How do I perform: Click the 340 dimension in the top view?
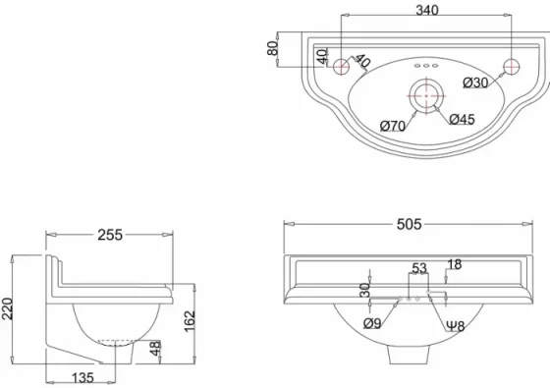(x=425, y=11)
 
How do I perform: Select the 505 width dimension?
(x=410, y=224)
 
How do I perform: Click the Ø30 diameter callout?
(x=475, y=83)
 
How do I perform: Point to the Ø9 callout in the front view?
(x=371, y=323)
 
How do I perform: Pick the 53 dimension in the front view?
(x=419, y=268)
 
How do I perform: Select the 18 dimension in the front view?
(x=454, y=264)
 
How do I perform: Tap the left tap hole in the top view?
(x=341, y=67)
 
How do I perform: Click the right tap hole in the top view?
(x=510, y=67)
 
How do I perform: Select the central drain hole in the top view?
(x=425, y=94)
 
